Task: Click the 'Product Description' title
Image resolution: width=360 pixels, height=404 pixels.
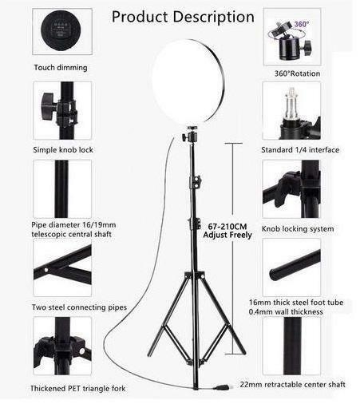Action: (x=183, y=17)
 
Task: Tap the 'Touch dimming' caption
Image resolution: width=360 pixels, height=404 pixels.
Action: (x=61, y=68)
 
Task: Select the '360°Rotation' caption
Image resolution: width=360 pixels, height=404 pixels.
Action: (x=297, y=73)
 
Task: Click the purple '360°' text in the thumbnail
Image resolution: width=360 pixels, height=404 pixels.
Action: (x=302, y=24)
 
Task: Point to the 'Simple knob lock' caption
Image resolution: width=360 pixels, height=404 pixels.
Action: (x=63, y=150)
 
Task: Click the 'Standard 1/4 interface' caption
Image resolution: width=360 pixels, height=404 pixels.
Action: (x=300, y=150)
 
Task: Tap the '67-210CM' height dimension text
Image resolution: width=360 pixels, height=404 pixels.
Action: (x=227, y=227)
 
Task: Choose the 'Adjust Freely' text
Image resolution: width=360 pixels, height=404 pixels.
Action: (x=227, y=236)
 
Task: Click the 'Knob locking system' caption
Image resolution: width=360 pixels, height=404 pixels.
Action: (x=298, y=229)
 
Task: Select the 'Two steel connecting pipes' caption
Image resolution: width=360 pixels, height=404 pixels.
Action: (x=79, y=307)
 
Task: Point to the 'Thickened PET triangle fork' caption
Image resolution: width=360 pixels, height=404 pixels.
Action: (x=78, y=389)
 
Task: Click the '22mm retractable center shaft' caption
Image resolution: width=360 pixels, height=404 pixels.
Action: (x=292, y=385)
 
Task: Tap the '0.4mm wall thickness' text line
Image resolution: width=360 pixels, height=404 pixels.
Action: (x=286, y=311)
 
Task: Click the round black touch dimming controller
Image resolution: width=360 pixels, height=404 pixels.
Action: (x=61, y=30)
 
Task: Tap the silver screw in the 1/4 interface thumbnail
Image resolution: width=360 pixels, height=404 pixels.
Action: (x=291, y=105)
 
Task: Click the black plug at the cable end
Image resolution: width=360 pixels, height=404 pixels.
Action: (x=222, y=386)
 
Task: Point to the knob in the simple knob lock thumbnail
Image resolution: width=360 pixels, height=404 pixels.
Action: (x=48, y=106)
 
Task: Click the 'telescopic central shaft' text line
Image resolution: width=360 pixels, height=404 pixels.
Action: (x=71, y=235)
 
